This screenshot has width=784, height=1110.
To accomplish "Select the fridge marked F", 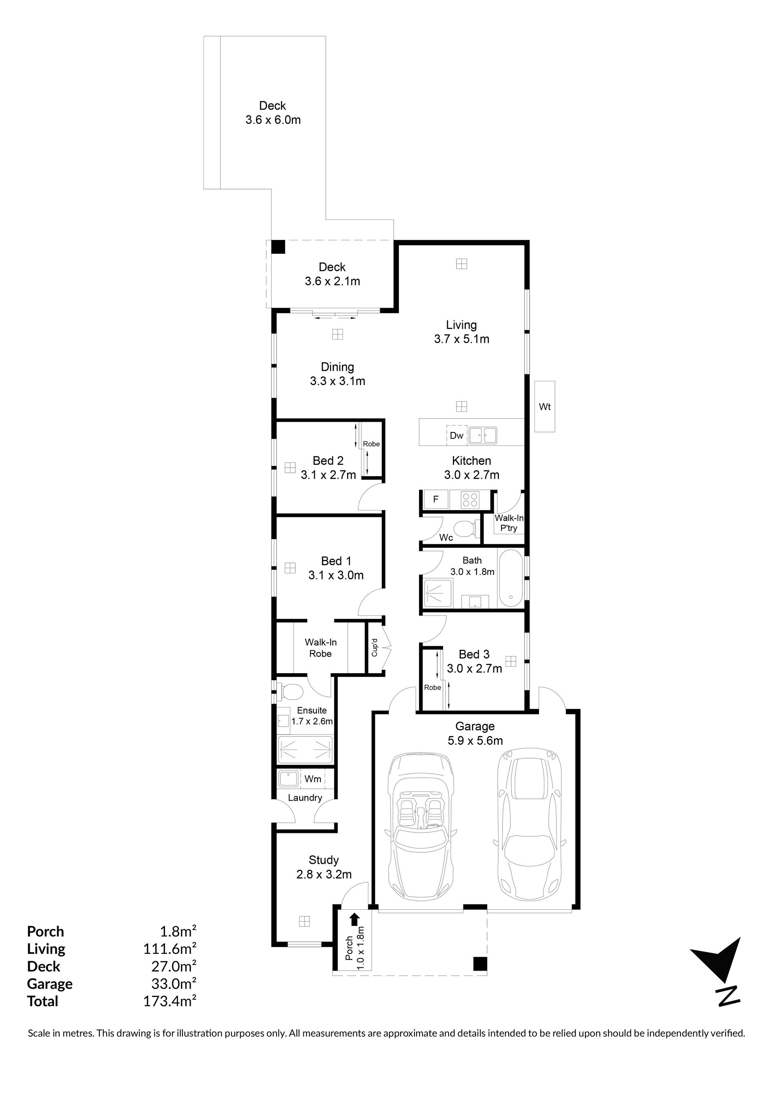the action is click(436, 499).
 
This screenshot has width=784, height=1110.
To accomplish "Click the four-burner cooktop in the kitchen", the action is click(470, 499).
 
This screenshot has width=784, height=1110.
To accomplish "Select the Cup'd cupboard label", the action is click(374, 647).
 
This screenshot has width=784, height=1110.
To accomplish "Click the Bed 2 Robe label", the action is click(371, 444).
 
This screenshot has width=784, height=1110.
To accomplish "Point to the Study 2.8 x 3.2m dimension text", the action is click(324, 874).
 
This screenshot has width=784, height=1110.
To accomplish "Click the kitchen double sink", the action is click(482, 435).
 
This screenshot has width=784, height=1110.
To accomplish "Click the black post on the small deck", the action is click(278, 246).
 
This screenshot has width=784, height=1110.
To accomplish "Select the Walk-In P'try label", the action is click(509, 523).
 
